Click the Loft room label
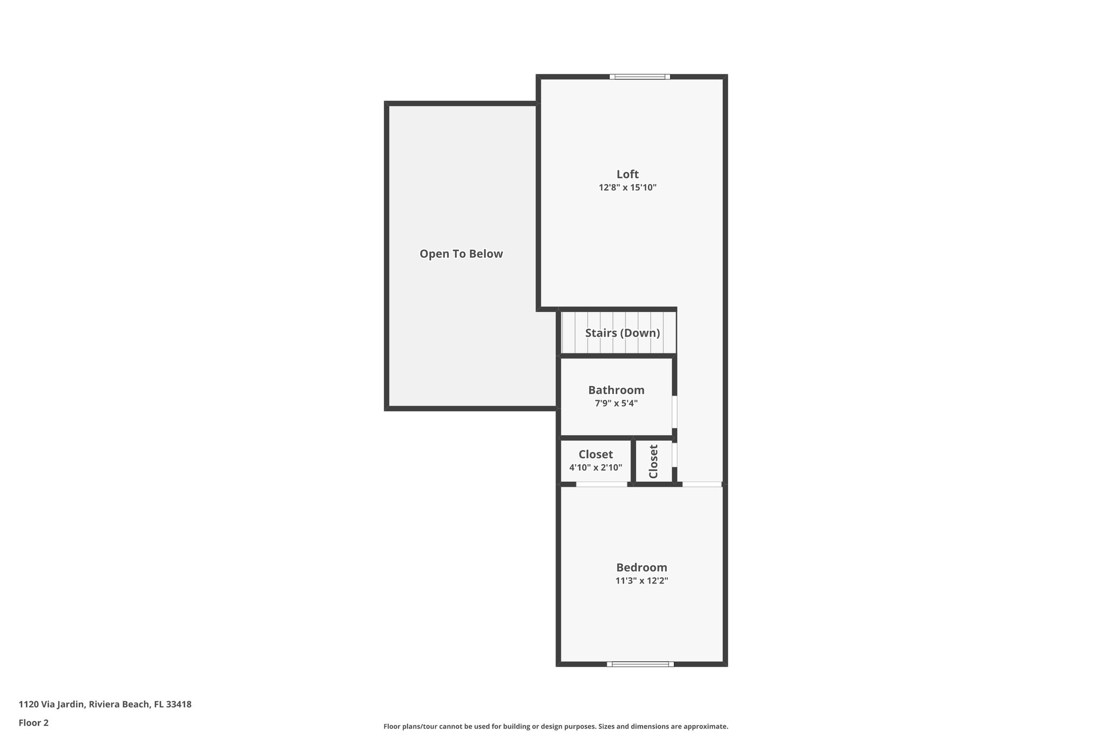click(x=627, y=174)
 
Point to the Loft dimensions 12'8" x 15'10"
click(x=628, y=188)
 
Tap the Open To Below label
click(x=461, y=254)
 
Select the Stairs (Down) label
click(x=622, y=333)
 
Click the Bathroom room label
click(x=616, y=390)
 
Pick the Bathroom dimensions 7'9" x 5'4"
click(x=616, y=403)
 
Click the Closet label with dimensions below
click(x=596, y=454)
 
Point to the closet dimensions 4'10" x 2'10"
click(x=596, y=467)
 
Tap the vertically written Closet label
click(x=653, y=461)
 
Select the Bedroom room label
click(x=641, y=567)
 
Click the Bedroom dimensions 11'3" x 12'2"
click(x=641, y=581)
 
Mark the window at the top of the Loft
click(x=640, y=77)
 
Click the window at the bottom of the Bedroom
click(x=640, y=663)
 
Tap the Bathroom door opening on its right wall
click(x=675, y=412)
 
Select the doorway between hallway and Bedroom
click(x=702, y=484)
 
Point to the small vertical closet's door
click(x=675, y=455)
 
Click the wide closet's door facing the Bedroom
click(x=601, y=484)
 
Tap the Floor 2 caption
click(x=34, y=723)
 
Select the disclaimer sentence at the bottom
click(x=555, y=726)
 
